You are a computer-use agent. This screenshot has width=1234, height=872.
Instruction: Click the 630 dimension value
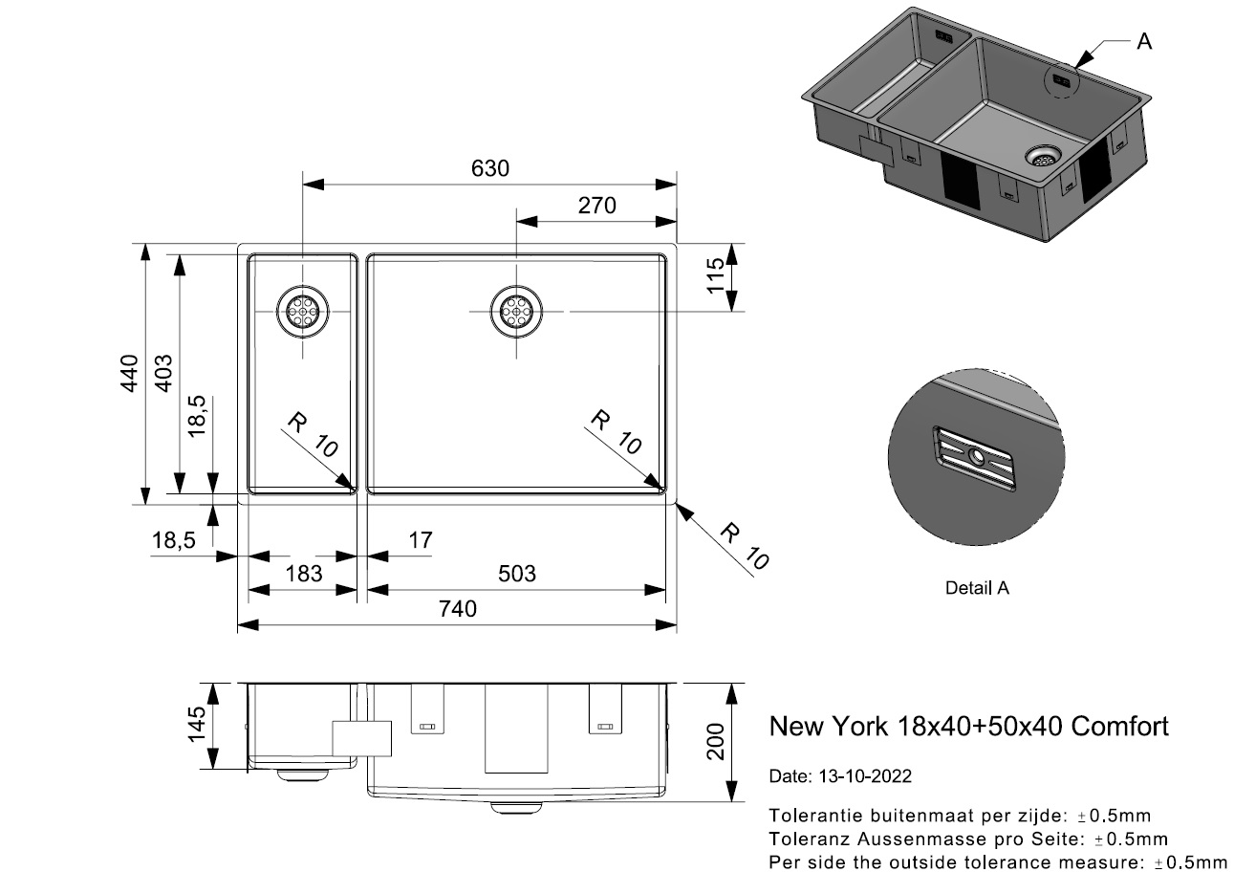[489, 168]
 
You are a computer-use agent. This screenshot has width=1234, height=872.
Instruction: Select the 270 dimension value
[596, 205]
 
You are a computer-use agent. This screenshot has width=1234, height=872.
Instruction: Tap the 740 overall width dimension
[458, 609]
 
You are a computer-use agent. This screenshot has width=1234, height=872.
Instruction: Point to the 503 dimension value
[517, 574]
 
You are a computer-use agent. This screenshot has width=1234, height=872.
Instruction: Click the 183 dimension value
[303, 574]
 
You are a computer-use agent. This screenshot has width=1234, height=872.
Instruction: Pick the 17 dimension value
[420, 540]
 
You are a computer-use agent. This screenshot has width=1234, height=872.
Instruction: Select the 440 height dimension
[130, 373]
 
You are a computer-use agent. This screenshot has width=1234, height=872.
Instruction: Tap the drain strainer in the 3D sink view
[1043, 157]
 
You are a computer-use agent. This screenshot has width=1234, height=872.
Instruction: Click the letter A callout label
[1144, 41]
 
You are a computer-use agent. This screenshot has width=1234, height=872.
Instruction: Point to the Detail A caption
[977, 588]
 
